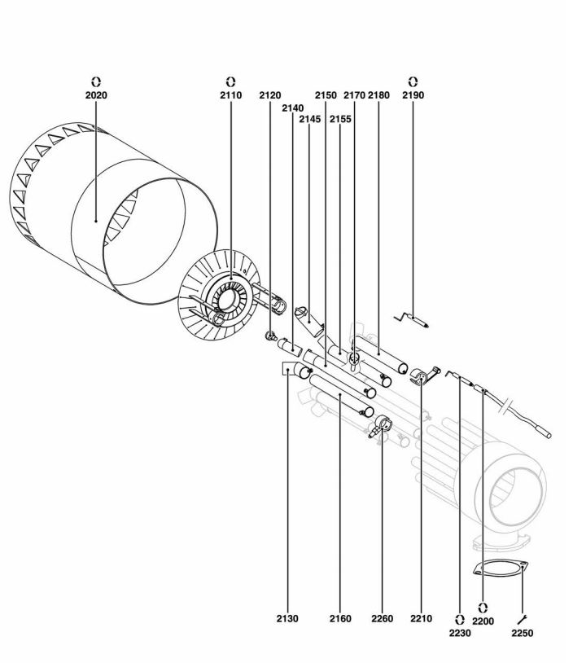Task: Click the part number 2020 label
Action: pyautogui.click(x=96, y=95)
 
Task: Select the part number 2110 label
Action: pyautogui.click(x=230, y=95)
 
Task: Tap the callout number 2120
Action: pyautogui.click(x=270, y=95)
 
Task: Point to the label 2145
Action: pyautogui.click(x=310, y=119)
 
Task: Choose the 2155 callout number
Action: pyautogui.click(x=340, y=119)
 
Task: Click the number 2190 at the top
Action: pyautogui.click(x=413, y=95)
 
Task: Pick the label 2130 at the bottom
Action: pyautogui.click(x=287, y=618)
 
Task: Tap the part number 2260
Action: pyautogui.click(x=382, y=618)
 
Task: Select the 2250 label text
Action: pyautogui.click(x=523, y=633)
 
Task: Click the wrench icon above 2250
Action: pyautogui.click(x=522, y=620)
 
